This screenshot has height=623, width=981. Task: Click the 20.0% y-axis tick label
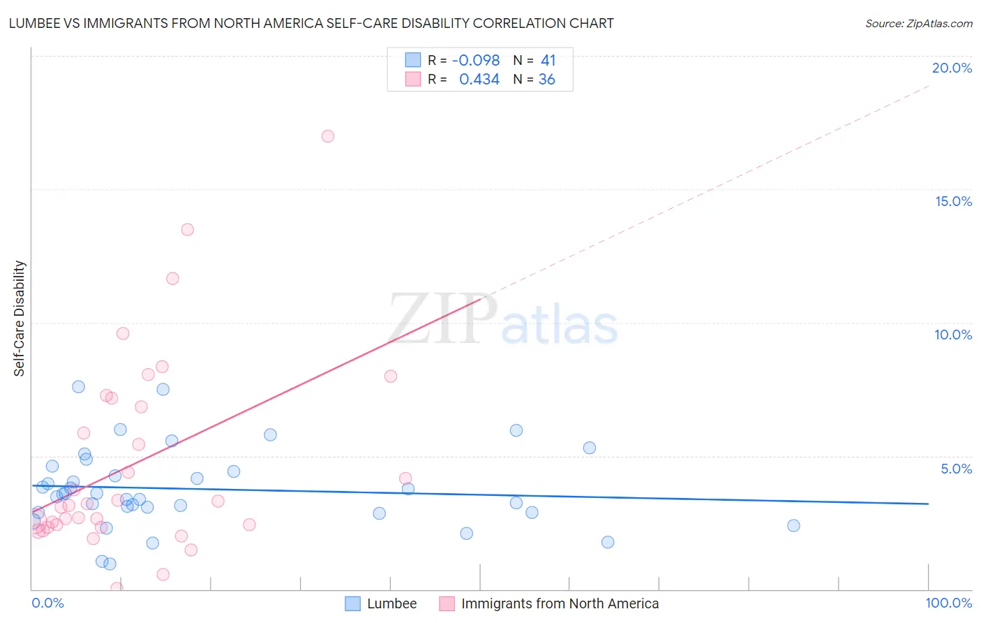click(x=952, y=68)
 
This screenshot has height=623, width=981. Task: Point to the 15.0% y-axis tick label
click(x=953, y=201)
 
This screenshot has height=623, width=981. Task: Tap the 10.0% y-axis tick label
click(x=953, y=335)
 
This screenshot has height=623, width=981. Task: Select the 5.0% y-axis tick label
click(x=956, y=469)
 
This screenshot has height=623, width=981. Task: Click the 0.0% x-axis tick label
click(x=47, y=603)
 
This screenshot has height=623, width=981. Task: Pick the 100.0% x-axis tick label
click(x=948, y=603)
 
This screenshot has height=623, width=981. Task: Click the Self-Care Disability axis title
click(x=20, y=318)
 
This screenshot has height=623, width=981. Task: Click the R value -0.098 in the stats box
click(x=476, y=61)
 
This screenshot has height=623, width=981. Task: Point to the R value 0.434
click(x=479, y=80)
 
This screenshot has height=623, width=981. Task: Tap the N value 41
click(x=548, y=61)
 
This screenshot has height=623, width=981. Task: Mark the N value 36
click(x=546, y=80)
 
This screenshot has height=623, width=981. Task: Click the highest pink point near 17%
click(x=328, y=136)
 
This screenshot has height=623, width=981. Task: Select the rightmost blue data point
click(x=793, y=526)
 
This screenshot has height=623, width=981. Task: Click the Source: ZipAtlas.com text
click(x=918, y=24)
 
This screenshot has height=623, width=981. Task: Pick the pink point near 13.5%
click(x=187, y=230)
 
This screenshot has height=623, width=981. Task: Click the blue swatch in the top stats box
click(x=413, y=60)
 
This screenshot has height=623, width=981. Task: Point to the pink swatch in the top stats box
click(x=413, y=79)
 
